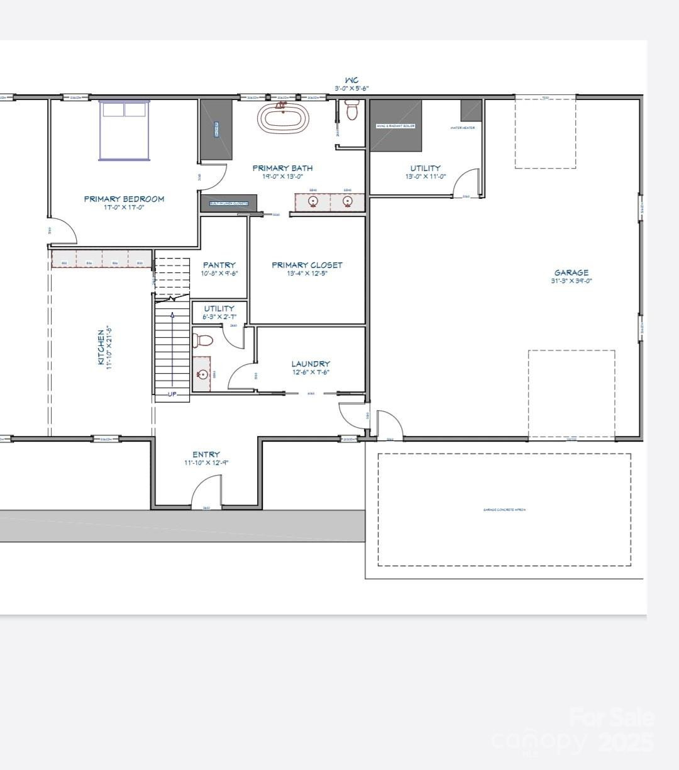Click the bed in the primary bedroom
point(124,131)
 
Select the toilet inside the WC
point(351,111)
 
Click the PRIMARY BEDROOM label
point(124,199)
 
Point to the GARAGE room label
point(571,272)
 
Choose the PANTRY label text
point(219,265)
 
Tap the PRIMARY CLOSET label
point(307,265)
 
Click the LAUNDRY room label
point(311,364)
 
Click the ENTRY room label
point(206,454)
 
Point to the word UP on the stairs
point(172,394)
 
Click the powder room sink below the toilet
point(202,374)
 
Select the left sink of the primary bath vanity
point(313,201)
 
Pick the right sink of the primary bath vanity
point(347,201)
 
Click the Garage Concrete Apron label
point(504,510)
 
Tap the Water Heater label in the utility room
point(462,128)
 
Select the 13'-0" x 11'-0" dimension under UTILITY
point(426,177)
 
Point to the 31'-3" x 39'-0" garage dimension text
point(571,281)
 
